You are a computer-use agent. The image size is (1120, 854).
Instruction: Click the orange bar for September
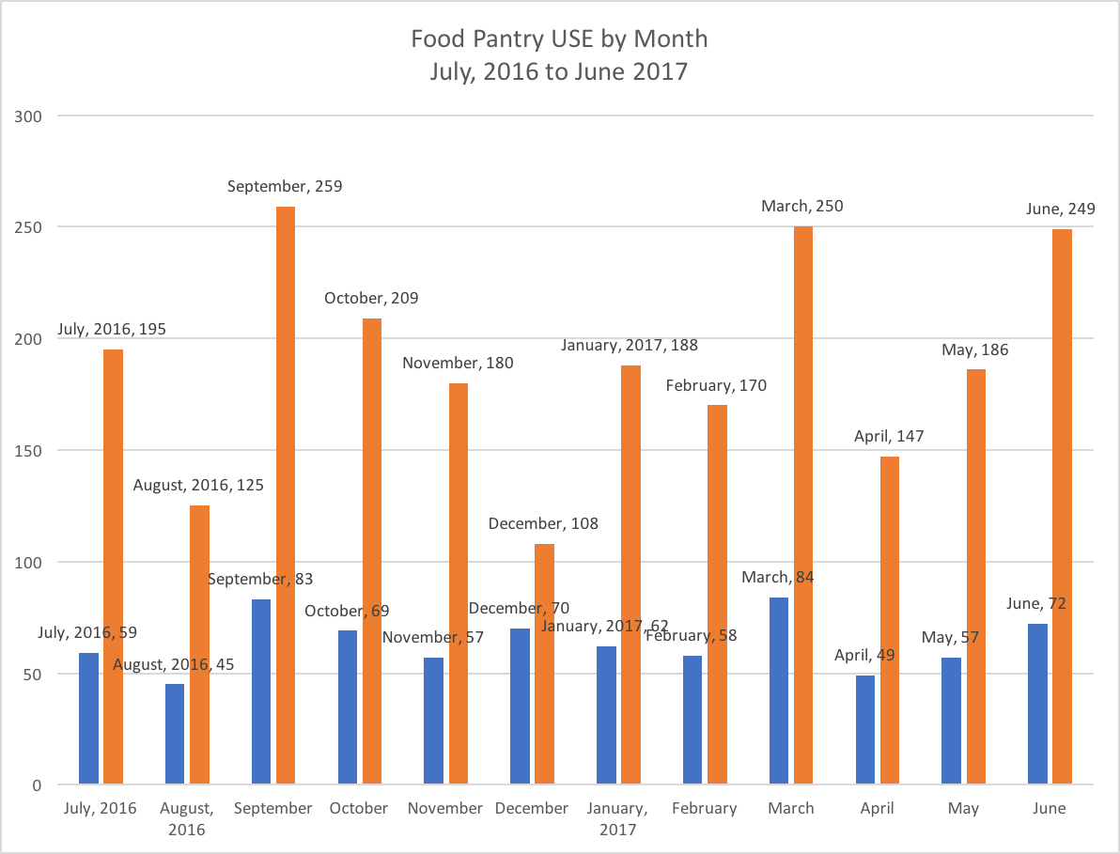coord(286,495)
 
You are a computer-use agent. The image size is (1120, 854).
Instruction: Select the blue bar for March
coord(779,691)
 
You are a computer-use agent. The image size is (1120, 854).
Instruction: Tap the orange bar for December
coord(545,663)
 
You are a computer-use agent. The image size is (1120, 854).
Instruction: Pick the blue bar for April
coord(865,729)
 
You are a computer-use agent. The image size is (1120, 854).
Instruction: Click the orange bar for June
coord(1062,506)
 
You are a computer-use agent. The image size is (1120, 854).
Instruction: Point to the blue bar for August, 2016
coord(175,734)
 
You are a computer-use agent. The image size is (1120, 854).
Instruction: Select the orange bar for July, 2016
coord(113,567)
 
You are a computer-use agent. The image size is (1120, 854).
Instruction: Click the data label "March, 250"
coord(801,206)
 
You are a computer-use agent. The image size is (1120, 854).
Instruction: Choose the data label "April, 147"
coord(889,437)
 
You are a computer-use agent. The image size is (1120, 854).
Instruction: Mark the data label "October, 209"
coord(371,299)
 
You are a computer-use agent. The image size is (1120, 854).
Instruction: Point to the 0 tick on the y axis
coord(39,785)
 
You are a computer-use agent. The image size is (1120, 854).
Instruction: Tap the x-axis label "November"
coord(445,808)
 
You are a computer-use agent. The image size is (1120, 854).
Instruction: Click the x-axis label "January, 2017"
coord(617,818)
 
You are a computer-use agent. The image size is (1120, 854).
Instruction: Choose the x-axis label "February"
coord(705,808)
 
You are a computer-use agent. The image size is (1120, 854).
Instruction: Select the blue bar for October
coord(348,706)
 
